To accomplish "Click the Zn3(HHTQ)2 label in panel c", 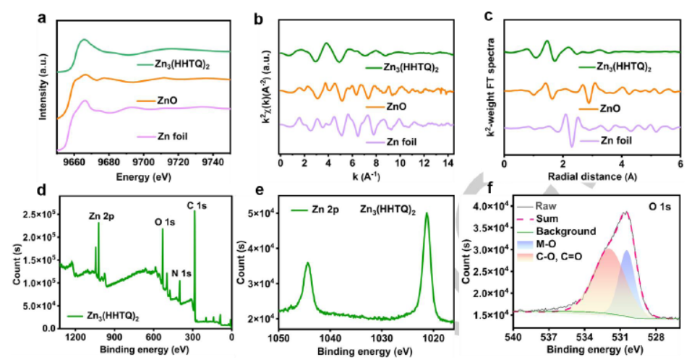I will (624, 67).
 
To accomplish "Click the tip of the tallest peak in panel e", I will (427, 213).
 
